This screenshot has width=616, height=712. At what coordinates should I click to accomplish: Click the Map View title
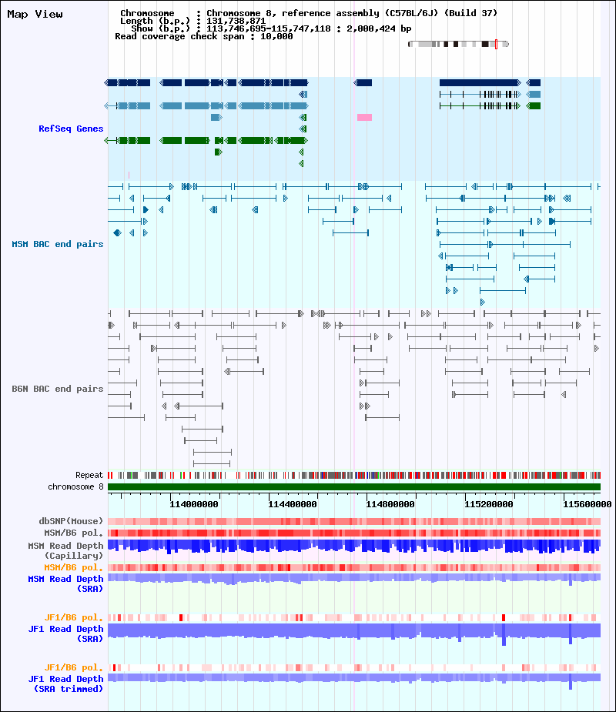point(35,14)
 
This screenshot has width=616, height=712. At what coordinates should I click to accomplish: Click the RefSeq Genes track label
point(71,129)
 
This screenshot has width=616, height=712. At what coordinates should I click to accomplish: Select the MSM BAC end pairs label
point(58,244)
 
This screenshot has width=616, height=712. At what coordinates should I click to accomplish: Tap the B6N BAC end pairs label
point(58,389)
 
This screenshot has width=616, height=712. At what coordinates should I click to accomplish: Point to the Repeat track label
point(89,475)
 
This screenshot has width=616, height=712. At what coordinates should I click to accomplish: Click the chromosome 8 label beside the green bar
point(76,486)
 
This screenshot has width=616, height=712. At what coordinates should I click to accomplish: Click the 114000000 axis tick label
point(194,504)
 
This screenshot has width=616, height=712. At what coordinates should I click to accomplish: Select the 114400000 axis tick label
point(293,504)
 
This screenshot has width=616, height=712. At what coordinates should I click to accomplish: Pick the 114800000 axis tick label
point(390,504)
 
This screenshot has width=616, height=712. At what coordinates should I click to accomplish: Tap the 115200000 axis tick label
point(489,504)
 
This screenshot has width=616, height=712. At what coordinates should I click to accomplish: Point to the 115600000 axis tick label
point(588,504)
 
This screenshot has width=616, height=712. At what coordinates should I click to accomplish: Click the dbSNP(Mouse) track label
point(72,521)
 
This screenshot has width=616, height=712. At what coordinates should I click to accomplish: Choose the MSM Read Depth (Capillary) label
point(66,550)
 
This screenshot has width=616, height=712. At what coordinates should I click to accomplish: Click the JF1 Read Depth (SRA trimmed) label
point(66,684)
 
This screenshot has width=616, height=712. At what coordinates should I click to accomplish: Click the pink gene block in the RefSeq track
point(364,117)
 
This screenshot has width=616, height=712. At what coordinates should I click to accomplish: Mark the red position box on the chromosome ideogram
point(496,44)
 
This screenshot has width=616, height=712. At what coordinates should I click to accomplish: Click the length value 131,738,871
point(236,21)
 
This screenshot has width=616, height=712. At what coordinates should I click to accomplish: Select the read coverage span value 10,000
point(276,36)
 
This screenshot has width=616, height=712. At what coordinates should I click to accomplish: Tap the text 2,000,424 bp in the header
point(379,28)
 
